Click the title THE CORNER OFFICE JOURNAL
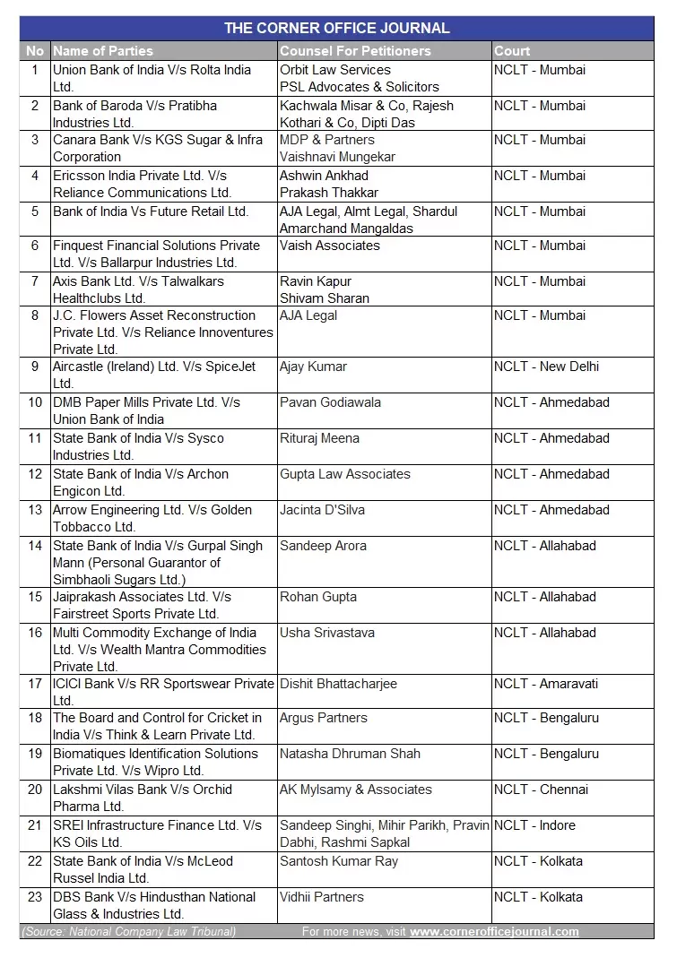click(x=337, y=28)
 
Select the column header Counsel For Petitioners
click(x=355, y=51)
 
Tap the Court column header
click(x=512, y=51)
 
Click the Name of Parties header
click(x=103, y=51)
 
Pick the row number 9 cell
click(x=35, y=367)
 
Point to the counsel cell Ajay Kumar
click(x=313, y=367)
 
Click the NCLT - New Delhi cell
click(x=546, y=367)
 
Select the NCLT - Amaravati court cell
click(x=545, y=684)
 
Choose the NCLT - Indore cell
click(x=534, y=825)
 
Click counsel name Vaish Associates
click(x=329, y=246)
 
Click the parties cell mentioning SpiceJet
click(x=154, y=375)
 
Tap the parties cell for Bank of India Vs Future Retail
click(x=151, y=211)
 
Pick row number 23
click(x=35, y=897)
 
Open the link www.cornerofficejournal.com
click(x=494, y=932)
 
